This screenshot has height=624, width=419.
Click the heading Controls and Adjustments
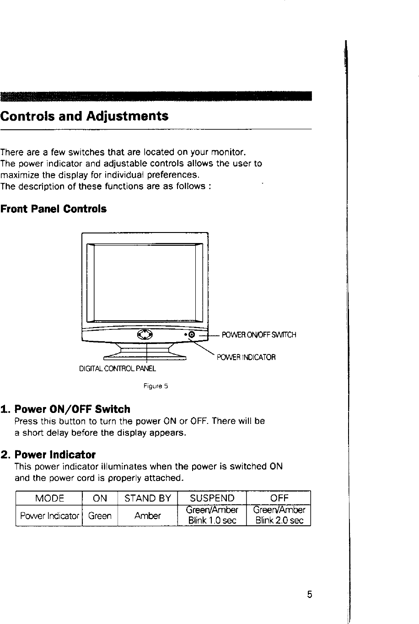pyautogui.click(x=85, y=116)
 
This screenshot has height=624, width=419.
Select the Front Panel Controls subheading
pyautogui.click(x=54, y=209)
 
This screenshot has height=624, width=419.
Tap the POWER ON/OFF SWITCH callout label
pyautogui.click(x=259, y=335)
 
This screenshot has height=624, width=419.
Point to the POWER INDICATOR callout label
pyautogui.click(x=246, y=357)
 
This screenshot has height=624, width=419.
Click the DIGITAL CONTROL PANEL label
pyautogui.click(x=118, y=368)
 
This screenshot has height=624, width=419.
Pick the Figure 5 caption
pyautogui.click(x=156, y=386)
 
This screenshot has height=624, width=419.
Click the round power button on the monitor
pyautogui.click(x=192, y=335)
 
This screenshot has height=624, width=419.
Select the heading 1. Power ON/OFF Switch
pyautogui.click(x=65, y=409)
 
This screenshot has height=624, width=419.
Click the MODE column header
pyautogui.click(x=49, y=498)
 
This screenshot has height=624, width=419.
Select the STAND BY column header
pyautogui.click(x=147, y=498)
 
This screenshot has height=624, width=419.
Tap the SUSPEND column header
pyautogui.click(x=212, y=498)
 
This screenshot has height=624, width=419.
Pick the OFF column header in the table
pyautogui.click(x=278, y=498)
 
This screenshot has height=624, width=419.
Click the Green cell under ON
pyautogui.click(x=100, y=516)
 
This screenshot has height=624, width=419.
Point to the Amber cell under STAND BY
pyautogui.click(x=147, y=516)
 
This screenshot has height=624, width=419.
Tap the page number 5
pyautogui.click(x=310, y=594)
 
